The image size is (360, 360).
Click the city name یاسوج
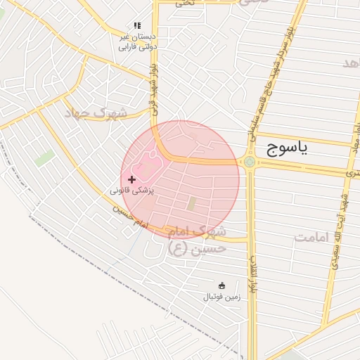288,148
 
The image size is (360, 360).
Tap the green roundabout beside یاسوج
250,162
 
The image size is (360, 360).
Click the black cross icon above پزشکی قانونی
132,180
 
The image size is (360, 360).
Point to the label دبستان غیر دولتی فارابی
137,41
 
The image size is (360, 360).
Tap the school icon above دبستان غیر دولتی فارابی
137,25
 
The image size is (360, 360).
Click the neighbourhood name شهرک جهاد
96,112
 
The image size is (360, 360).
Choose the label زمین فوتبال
221,297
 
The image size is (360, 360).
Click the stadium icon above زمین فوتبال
222,285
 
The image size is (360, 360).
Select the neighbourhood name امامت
312,238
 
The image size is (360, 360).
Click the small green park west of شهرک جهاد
45,157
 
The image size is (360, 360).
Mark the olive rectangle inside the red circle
191,204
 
